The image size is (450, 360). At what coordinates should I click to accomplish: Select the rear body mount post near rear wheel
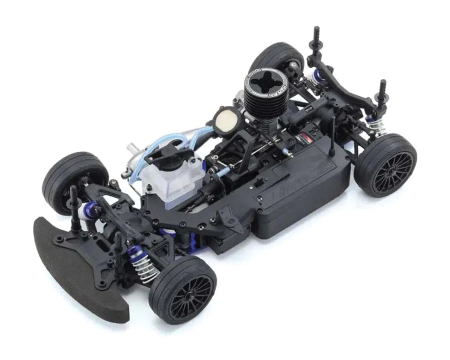pyautogui.click(x=382, y=94)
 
